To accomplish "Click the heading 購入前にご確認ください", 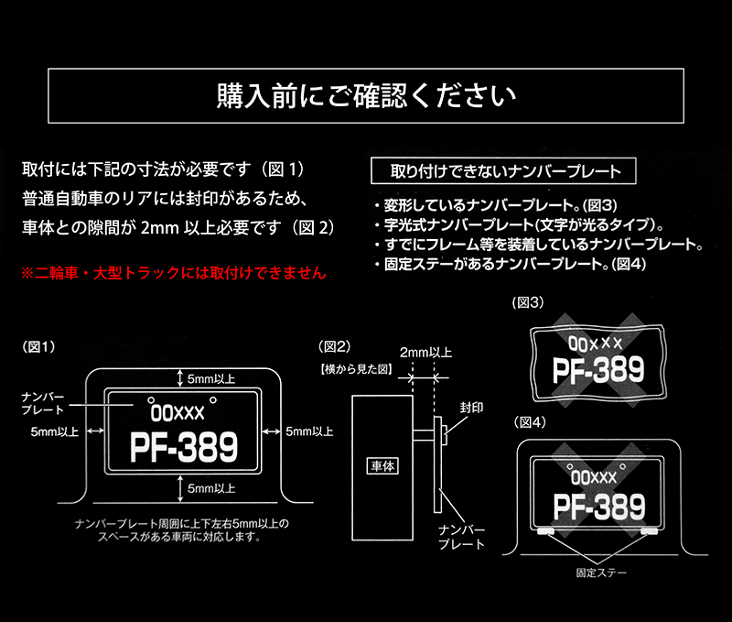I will (x=366, y=94).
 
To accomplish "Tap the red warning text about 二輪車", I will (x=173, y=273).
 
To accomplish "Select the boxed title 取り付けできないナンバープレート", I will (x=506, y=171).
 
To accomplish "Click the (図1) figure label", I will (x=38, y=346).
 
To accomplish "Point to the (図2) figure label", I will (x=334, y=346).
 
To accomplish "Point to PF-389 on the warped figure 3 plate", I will (x=598, y=371).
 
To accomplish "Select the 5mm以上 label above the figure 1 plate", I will (x=210, y=377).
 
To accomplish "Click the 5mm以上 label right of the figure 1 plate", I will (x=309, y=431).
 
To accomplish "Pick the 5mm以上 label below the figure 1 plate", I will (x=211, y=489).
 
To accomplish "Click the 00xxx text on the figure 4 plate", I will (x=593, y=477).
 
